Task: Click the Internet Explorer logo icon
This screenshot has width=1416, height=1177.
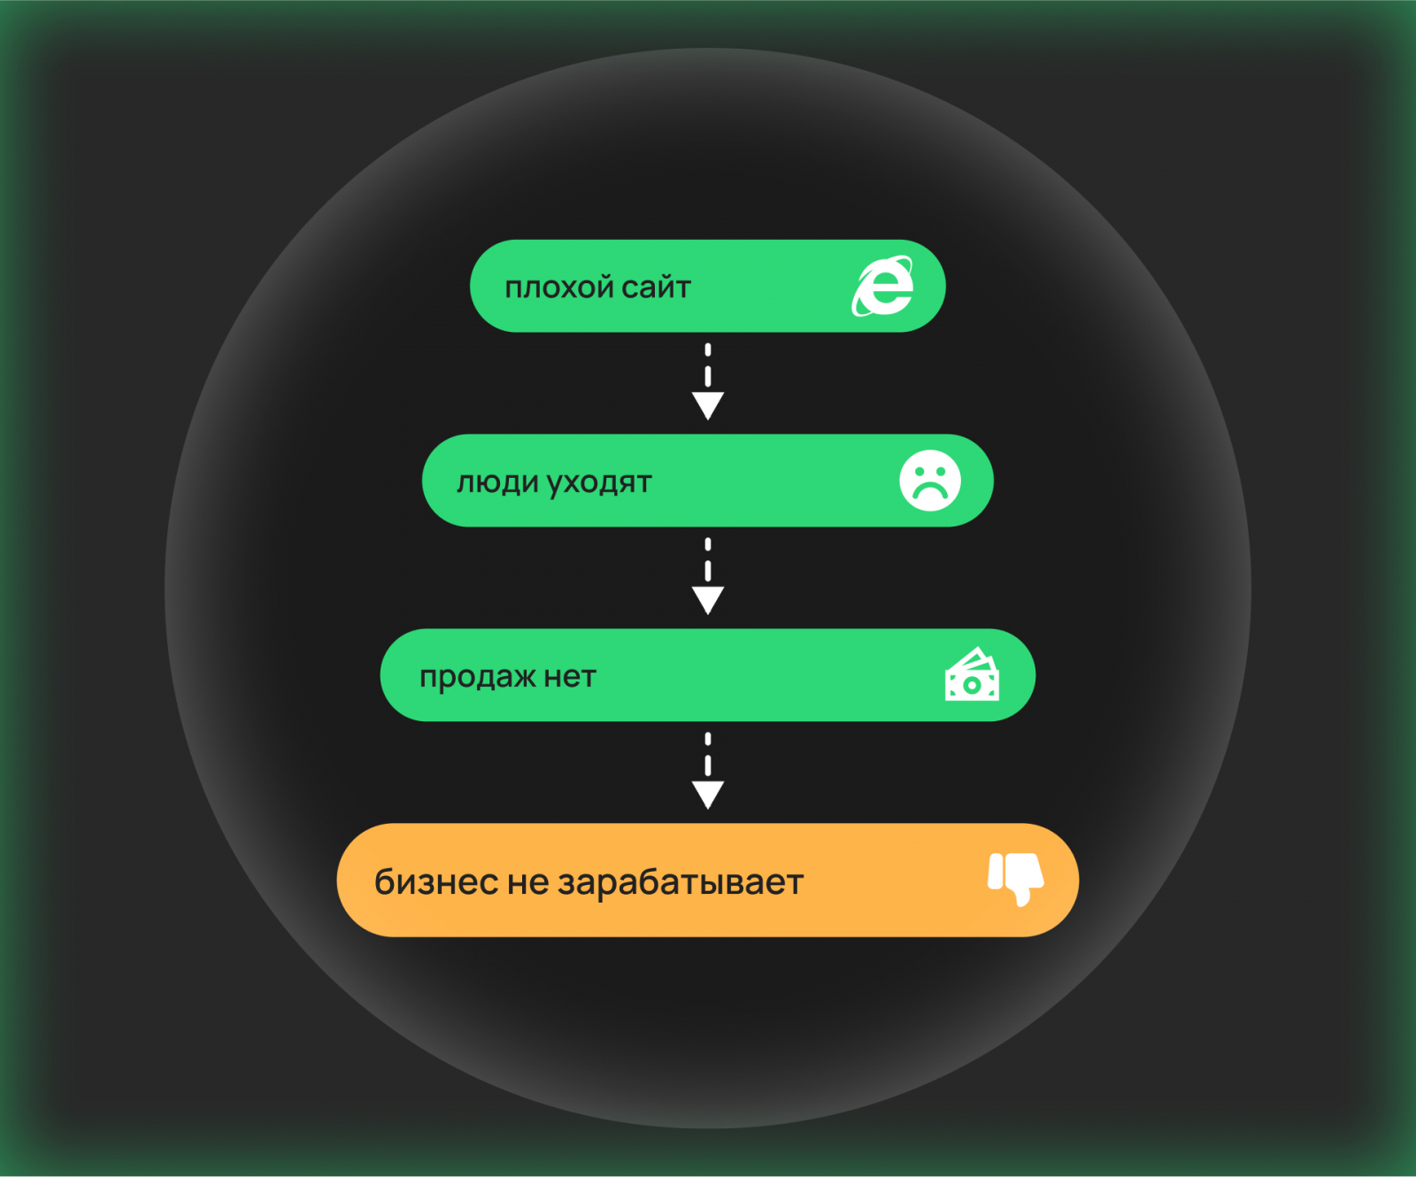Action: [882, 286]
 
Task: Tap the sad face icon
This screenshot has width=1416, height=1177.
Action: [930, 481]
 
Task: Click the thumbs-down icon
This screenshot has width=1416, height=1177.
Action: [1016, 879]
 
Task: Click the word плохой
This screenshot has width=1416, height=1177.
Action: [559, 288]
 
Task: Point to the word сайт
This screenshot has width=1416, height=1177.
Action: [656, 288]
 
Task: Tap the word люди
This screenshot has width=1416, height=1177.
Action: [497, 483]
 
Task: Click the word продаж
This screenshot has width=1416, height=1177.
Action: [478, 678]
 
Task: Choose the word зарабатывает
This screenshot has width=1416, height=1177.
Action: [681, 883]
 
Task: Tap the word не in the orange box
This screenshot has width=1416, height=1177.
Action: [528, 883]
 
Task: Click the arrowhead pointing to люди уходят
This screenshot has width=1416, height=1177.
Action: [708, 405]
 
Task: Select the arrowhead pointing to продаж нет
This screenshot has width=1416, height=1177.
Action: [708, 600]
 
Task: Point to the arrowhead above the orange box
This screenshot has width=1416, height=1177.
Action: [708, 795]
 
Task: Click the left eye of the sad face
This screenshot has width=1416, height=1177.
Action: [919, 472]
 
